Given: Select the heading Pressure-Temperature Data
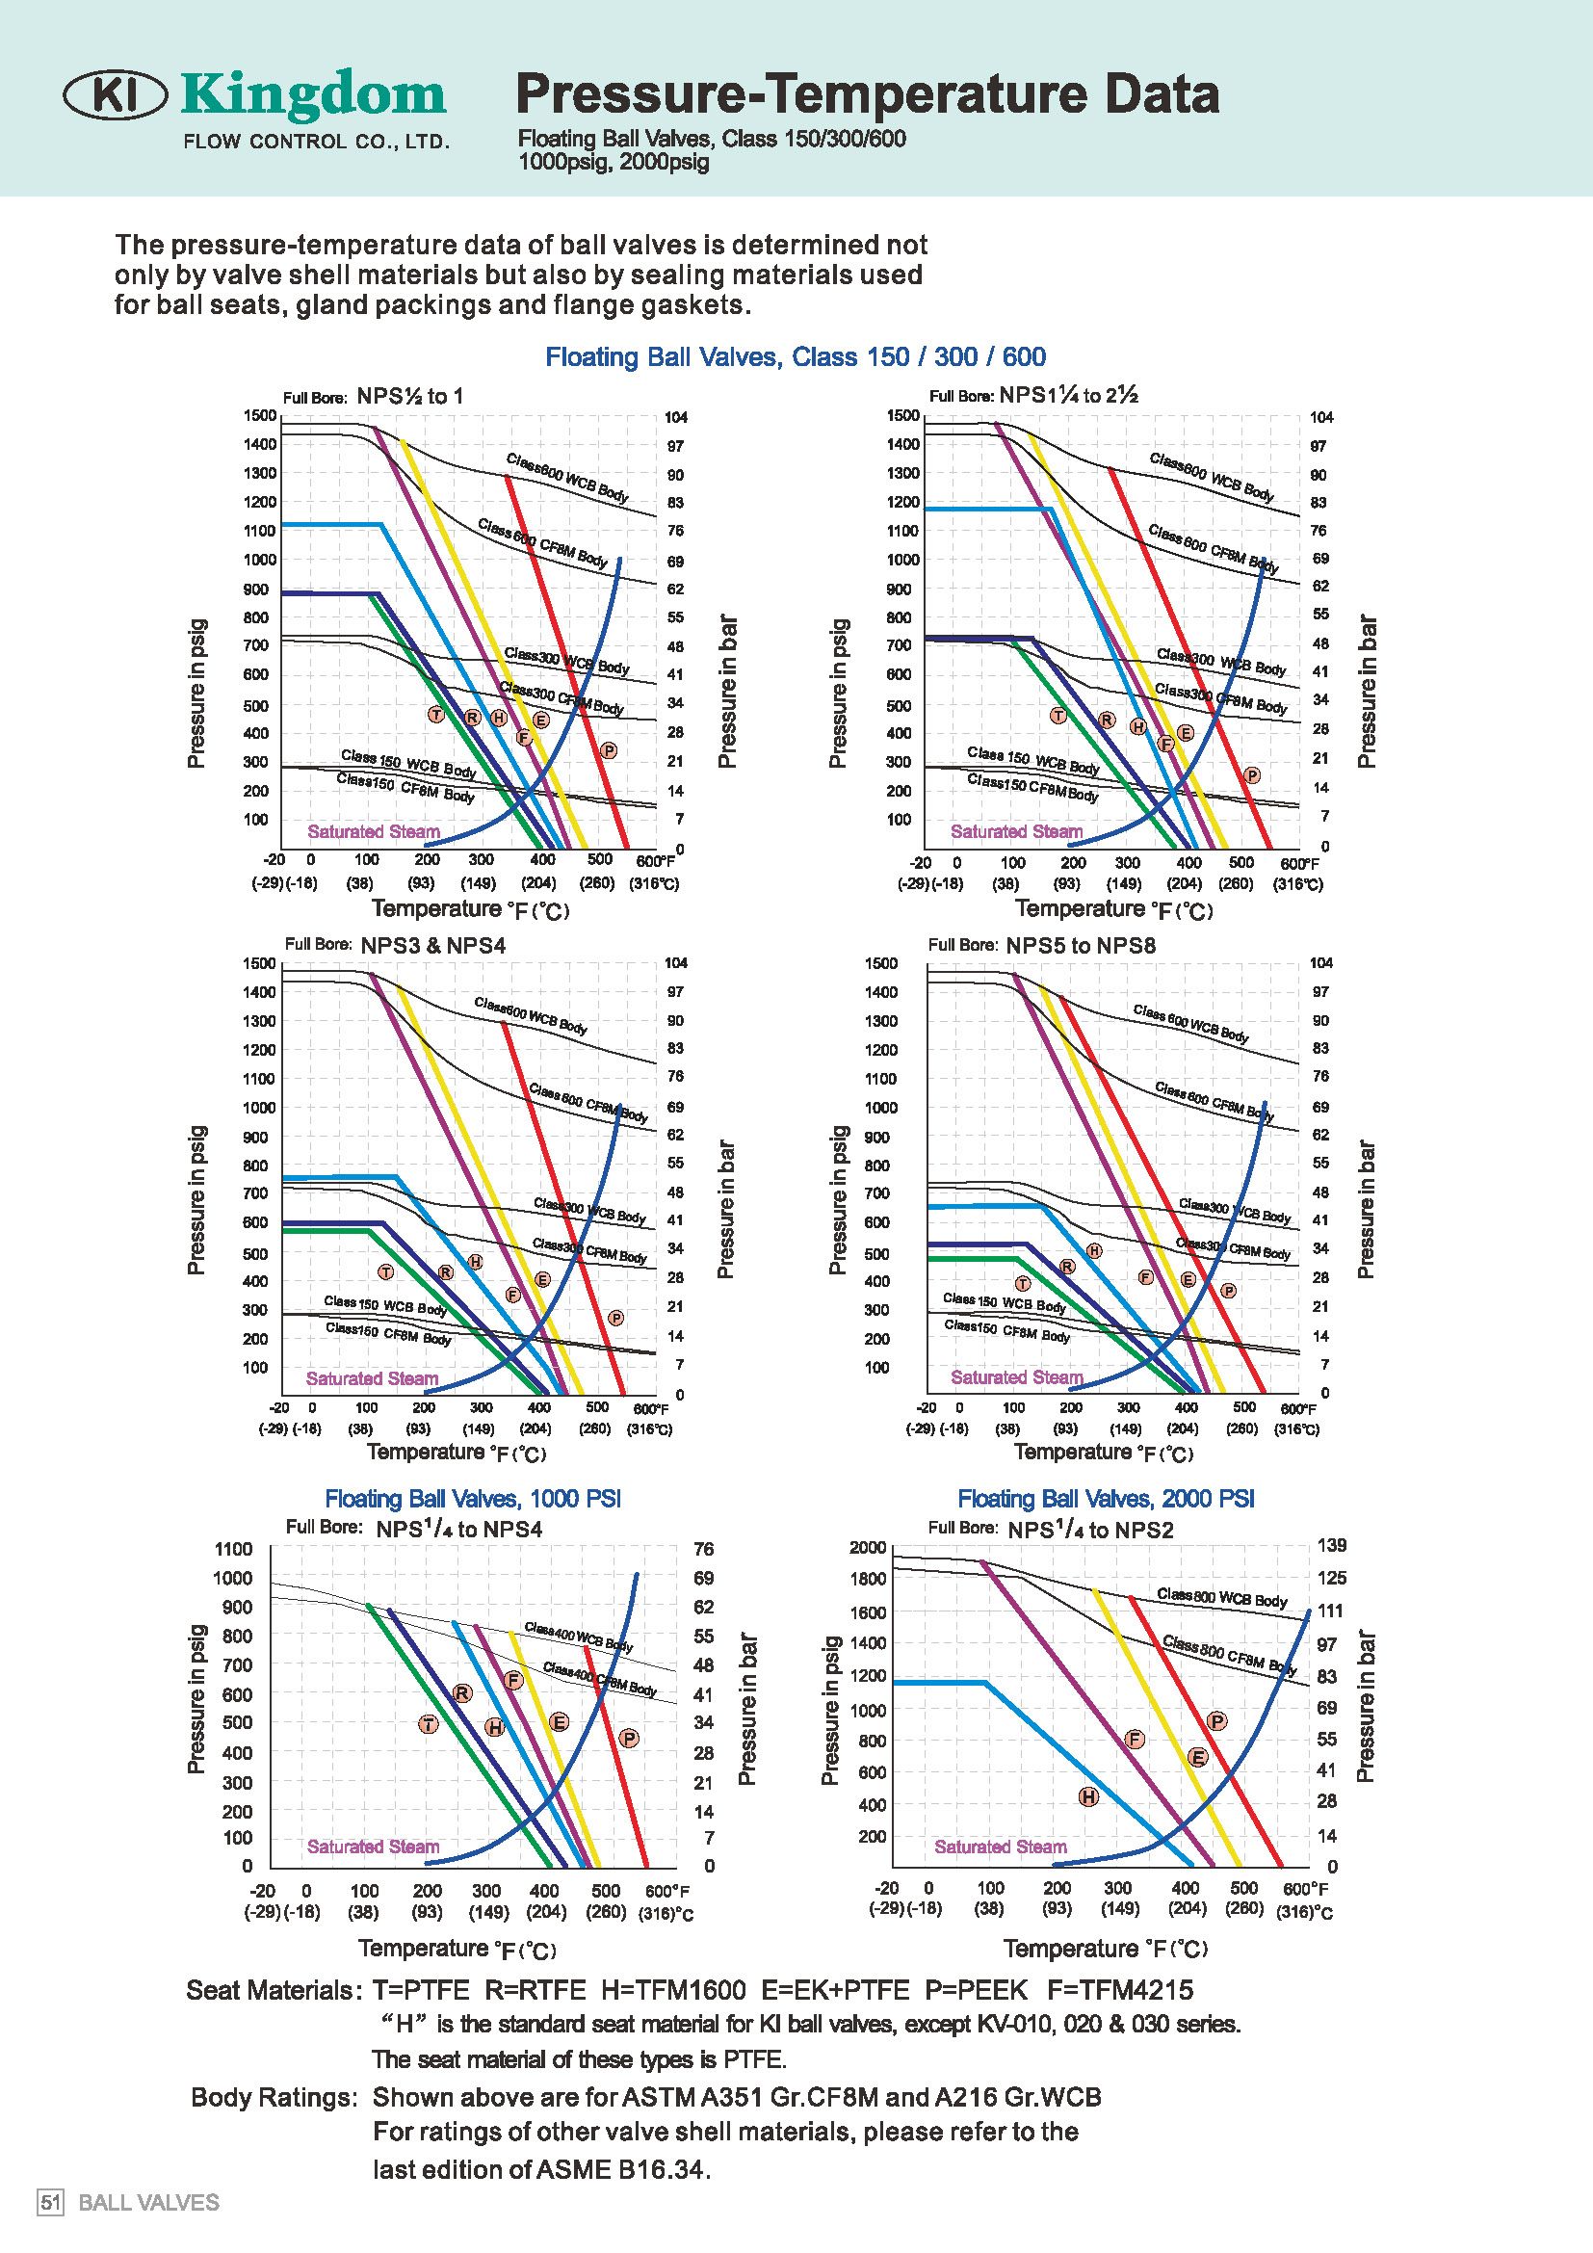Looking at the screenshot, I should (867, 95).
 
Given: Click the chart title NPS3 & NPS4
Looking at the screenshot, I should (432, 946).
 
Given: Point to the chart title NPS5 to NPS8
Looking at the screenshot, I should (1081, 946).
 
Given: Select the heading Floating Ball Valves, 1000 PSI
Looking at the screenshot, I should (473, 1499).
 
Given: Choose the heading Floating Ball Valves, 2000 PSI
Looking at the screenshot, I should (1106, 1499).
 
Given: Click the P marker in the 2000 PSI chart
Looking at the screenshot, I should (1217, 1721).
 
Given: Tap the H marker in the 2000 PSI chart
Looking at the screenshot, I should (1087, 1797).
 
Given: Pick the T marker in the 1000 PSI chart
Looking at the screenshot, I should (429, 1724).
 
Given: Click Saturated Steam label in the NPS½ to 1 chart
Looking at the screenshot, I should (373, 832).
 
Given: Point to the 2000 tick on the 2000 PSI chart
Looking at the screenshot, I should (869, 1548).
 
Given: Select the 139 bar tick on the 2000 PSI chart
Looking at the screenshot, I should (1333, 1545).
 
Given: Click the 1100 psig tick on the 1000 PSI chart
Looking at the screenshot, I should (233, 1550).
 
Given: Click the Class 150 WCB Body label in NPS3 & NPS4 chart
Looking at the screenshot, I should (384, 1304).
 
